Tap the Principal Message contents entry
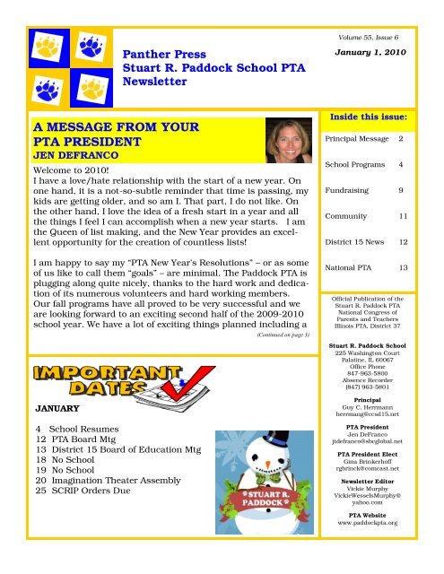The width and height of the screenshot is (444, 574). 356,140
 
